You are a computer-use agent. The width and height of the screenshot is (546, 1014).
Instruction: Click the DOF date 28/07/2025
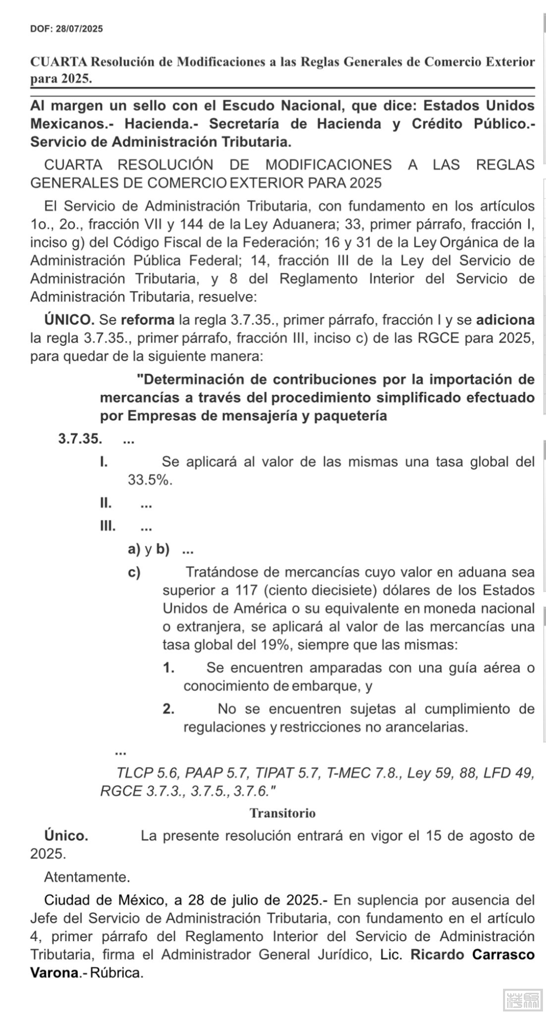coord(79,29)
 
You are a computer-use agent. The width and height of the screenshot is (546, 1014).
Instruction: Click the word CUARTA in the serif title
coord(59,62)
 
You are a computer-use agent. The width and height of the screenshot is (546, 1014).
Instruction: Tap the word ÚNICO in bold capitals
coord(69,320)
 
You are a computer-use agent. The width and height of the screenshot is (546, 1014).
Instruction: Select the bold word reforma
coord(148,320)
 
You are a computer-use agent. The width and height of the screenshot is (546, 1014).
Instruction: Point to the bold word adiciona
coord(505,320)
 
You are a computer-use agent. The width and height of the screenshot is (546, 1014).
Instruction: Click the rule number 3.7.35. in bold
coord(80,439)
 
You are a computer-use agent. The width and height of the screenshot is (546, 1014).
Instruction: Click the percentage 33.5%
coord(150,479)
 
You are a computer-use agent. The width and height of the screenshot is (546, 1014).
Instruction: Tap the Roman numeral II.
coord(106,503)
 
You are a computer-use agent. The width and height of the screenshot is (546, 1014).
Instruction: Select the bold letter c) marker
coord(134,572)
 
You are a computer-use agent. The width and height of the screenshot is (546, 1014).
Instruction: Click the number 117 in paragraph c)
coord(247,590)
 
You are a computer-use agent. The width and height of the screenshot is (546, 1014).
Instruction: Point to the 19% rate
coord(274,645)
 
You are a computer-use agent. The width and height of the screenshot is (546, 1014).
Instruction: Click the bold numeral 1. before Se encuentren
coord(169,668)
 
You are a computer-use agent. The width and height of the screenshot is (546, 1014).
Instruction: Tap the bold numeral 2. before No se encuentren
coord(169,709)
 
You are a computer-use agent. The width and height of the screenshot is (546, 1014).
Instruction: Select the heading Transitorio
coord(283,813)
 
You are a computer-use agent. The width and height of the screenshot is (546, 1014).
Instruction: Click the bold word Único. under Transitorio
coord(66,836)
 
